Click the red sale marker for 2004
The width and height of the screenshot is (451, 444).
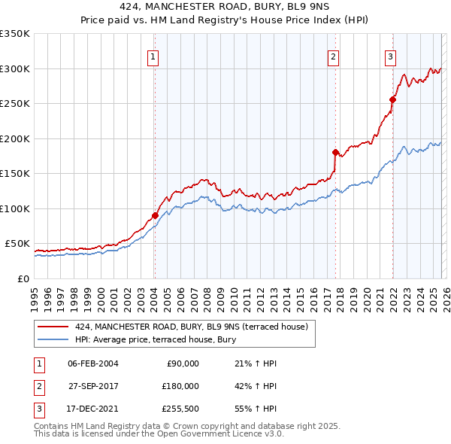click(x=155, y=215)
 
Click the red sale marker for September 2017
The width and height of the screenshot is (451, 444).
click(x=335, y=152)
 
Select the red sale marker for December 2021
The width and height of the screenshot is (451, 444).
click(x=392, y=99)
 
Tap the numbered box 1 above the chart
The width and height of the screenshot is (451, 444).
click(x=153, y=56)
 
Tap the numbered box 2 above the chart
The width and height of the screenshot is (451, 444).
click(x=333, y=56)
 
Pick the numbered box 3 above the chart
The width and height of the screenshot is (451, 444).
click(x=391, y=56)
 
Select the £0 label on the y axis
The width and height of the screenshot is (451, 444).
click(x=23, y=278)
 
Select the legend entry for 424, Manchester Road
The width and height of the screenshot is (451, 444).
click(x=191, y=327)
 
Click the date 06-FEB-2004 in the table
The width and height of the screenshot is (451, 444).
click(x=92, y=363)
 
